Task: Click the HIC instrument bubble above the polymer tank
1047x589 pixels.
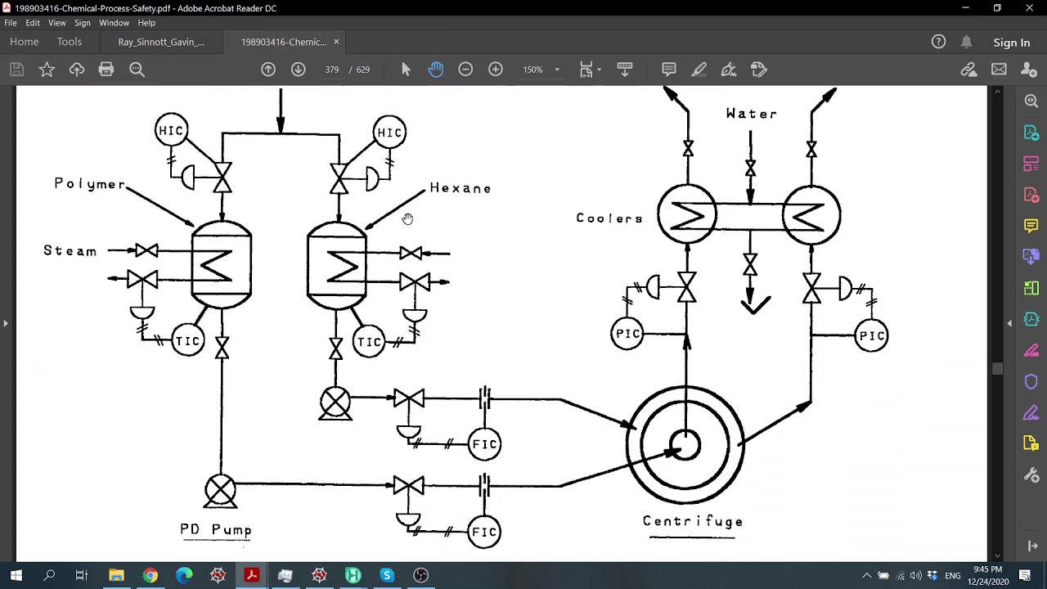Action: [171, 131]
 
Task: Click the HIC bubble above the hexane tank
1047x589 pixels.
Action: [389, 133]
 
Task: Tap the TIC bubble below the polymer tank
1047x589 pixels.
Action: [188, 341]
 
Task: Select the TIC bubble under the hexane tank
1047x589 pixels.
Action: [369, 342]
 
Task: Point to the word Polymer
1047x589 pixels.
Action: [90, 184]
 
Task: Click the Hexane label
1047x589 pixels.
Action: [461, 188]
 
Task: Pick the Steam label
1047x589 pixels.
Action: [70, 251]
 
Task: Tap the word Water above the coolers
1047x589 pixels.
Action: [752, 114]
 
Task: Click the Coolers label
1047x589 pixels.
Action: [609, 218]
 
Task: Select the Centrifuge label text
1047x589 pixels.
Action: [693, 521]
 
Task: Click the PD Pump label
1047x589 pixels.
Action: [216, 530]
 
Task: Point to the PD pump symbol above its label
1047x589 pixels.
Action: [220, 490]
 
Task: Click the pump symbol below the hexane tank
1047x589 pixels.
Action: [335, 402]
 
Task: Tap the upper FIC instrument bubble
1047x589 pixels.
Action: [484, 444]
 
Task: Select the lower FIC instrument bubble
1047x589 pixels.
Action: [484, 532]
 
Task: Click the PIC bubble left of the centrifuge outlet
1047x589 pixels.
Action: [627, 334]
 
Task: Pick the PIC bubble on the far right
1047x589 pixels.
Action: [871, 335]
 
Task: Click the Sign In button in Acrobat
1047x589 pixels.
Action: [1011, 43]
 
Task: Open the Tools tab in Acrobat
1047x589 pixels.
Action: [70, 42]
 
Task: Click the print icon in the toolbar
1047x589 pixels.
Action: [106, 70]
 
